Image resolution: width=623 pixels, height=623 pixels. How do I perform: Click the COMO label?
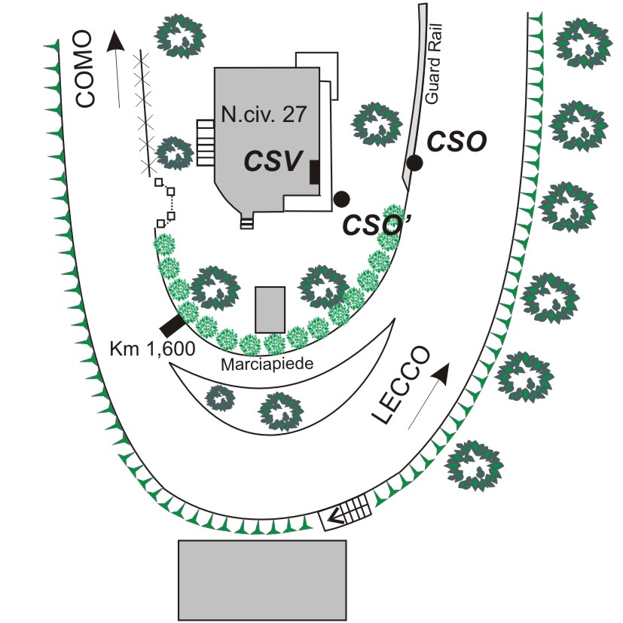tap(84, 69)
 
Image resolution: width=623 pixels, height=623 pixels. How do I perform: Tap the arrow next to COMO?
tap(116, 69)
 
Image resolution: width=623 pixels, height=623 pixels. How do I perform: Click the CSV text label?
tap(273, 160)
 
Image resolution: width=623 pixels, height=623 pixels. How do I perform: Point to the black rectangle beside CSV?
tap(314, 172)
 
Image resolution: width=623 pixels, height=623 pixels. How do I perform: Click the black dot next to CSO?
tap(414, 162)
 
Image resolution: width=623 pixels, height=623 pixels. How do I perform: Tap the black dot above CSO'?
tap(342, 198)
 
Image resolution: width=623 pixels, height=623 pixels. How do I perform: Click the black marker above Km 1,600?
tap(173, 325)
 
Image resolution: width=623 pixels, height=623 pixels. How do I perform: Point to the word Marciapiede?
tap(268, 363)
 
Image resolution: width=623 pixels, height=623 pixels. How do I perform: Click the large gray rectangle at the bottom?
tap(262, 579)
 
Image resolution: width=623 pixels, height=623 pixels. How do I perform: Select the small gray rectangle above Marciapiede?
tap(270, 309)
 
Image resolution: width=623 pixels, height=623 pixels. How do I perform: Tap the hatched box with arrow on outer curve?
tap(346, 513)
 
